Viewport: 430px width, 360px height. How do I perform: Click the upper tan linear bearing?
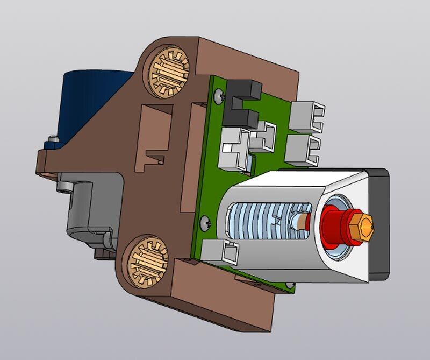coord(167,72)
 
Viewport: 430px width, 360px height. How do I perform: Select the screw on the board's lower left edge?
coord(206,221)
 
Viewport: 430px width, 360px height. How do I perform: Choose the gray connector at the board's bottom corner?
coord(223,252)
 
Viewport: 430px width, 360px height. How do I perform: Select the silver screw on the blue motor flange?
coord(52,143)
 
